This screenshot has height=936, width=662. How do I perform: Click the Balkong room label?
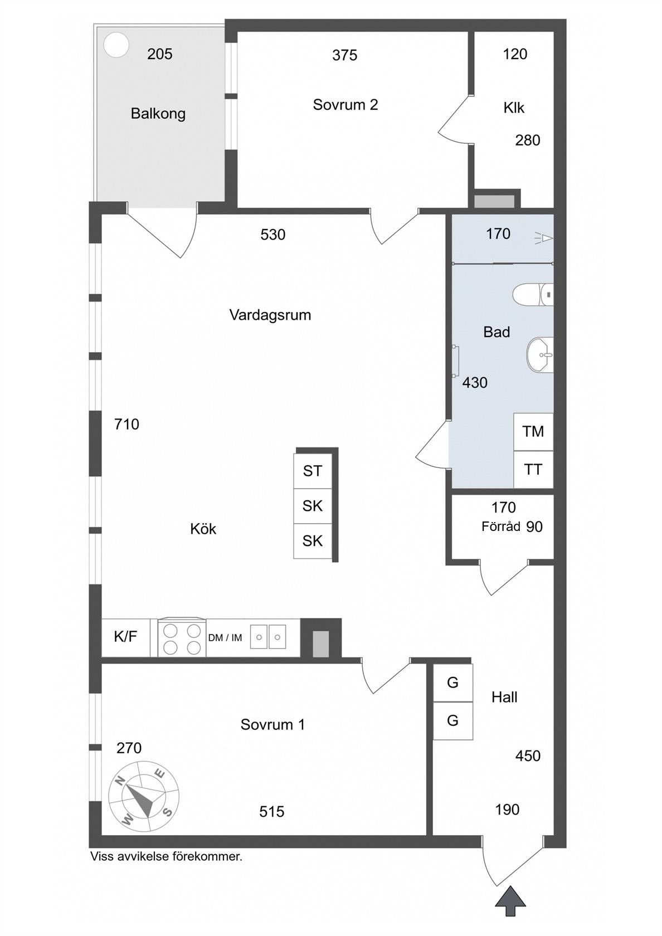click(158, 114)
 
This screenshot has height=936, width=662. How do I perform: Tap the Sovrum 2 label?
click(345, 105)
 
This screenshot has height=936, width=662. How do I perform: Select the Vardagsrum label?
click(270, 315)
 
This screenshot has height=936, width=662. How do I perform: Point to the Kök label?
click(203, 529)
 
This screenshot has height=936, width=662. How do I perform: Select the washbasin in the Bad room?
click(540, 355)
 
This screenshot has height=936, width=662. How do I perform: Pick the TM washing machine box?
click(533, 432)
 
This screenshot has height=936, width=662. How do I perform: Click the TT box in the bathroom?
click(533, 469)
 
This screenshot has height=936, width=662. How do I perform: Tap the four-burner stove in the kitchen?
click(182, 638)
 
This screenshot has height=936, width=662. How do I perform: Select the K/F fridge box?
click(126, 637)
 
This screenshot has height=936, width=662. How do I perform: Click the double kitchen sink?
click(269, 637)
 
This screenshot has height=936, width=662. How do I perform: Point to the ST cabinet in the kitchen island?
click(313, 471)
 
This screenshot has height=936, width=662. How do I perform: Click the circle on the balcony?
click(116, 45)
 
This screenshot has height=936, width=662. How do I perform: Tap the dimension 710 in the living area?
click(126, 424)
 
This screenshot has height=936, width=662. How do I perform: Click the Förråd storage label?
click(500, 526)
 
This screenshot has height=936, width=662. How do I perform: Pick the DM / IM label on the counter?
click(225, 637)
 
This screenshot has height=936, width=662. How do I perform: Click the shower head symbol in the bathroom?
click(544, 238)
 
